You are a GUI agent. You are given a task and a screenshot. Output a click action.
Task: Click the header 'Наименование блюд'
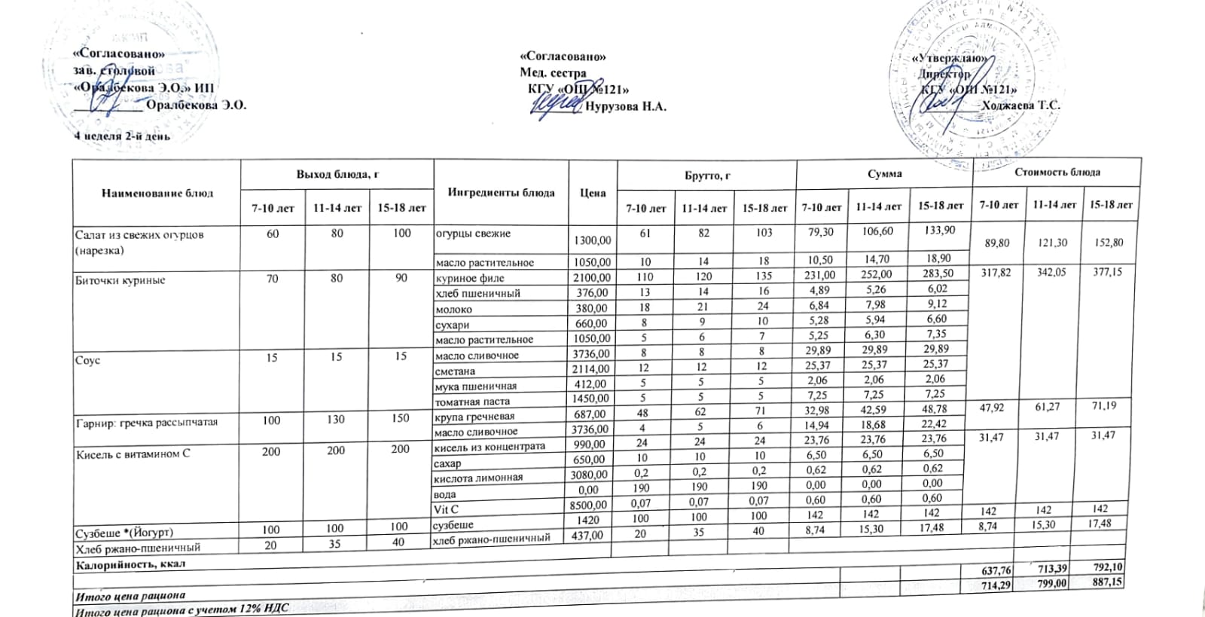pyautogui.click(x=157, y=193)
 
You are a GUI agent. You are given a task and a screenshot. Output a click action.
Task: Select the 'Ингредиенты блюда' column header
pyautogui.click(x=501, y=192)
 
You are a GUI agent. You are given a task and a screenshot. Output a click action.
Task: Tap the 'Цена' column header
pyautogui.click(x=593, y=193)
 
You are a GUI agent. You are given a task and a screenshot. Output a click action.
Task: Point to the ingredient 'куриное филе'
pyautogui.click(x=471, y=278)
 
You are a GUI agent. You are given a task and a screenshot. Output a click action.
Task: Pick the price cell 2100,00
pyautogui.click(x=592, y=278)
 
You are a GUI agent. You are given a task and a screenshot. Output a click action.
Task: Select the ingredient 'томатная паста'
pyautogui.click(x=473, y=402)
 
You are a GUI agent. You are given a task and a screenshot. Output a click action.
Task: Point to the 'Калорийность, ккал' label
pyautogui.click(x=130, y=564)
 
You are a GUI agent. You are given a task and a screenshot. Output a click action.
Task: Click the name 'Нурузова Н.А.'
pyautogui.click(x=626, y=107)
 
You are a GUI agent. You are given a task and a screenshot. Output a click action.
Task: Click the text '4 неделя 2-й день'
pyautogui.click(x=121, y=136)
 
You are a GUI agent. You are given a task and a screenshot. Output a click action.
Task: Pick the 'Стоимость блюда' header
pyautogui.click(x=1057, y=172)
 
